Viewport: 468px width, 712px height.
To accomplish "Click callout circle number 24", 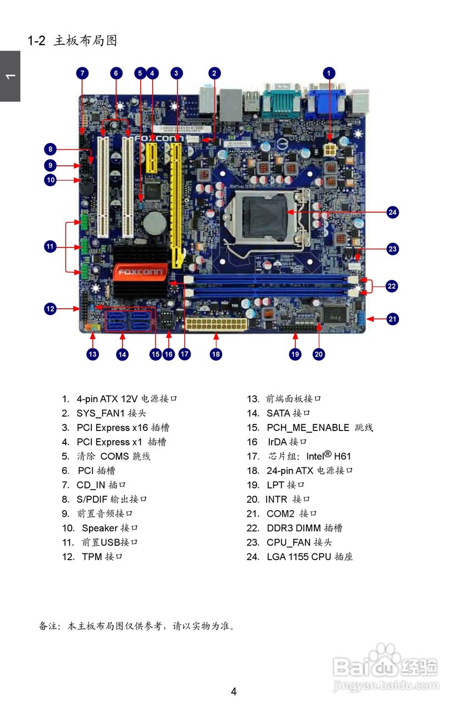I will (x=393, y=212).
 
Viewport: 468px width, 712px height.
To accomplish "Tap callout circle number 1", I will (x=329, y=73).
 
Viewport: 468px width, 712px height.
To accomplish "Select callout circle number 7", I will (x=82, y=73).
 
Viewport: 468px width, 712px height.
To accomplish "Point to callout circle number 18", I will (x=216, y=354).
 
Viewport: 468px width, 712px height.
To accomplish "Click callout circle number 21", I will (x=393, y=319).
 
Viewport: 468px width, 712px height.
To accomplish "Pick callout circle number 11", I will (x=51, y=246).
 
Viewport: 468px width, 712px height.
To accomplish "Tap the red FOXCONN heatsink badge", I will (x=140, y=273).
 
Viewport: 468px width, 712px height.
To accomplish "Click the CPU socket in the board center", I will (x=266, y=214).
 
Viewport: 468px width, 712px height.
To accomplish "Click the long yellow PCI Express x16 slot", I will (x=177, y=200).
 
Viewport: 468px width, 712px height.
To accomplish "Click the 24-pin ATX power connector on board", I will (x=216, y=324).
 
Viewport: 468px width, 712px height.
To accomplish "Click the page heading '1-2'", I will (x=36, y=41).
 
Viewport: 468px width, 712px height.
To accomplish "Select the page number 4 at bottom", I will (x=234, y=691).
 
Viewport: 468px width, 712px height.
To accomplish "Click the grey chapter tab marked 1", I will (x=10, y=76).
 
